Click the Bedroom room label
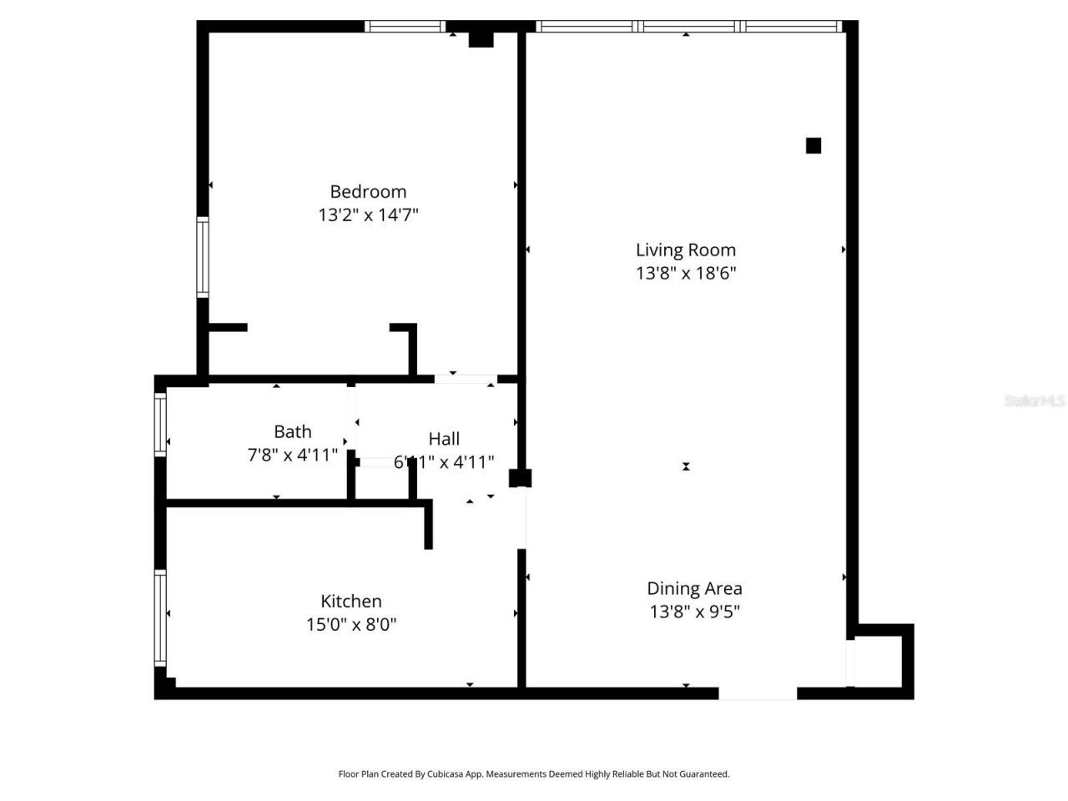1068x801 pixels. click(x=368, y=192)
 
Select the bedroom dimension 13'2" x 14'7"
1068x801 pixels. click(x=368, y=215)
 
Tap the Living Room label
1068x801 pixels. click(x=686, y=249)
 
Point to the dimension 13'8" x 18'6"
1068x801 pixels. click(x=686, y=273)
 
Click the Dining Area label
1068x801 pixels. click(x=694, y=588)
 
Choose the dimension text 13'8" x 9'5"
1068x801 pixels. click(x=694, y=612)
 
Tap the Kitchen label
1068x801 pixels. click(x=351, y=601)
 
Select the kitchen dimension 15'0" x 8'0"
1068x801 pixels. click(x=351, y=624)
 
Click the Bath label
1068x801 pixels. click(x=293, y=431)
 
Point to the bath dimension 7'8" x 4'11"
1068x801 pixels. click(x=293, y=455)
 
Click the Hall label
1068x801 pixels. click(x=444, y=439)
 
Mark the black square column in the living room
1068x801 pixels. click(x=814, y=146)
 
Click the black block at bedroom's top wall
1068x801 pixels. click(x=481, y=39)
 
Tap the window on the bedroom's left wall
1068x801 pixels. click(x=202, y=257)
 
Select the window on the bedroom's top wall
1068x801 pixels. click(x=406, y=27)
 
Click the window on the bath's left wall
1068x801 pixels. click(x=160, y=424)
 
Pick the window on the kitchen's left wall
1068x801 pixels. click(x=160, y=617)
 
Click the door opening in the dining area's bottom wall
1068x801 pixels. click(x=758, y=693)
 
